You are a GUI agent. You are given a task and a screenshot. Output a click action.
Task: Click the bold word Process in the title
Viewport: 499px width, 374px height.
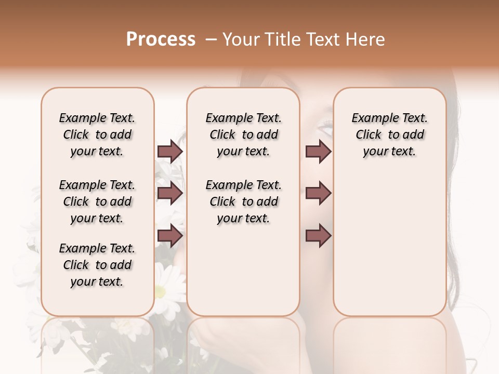click(x=161, y=39)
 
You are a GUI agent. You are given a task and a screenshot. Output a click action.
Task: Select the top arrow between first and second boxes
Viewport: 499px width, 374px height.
click(x=170, y=151)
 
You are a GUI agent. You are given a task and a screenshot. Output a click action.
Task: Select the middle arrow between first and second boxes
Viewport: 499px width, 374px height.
click(x=170, y=193)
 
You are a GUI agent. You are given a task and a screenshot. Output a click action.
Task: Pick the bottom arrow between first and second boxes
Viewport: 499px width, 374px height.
click(x=170, y=235)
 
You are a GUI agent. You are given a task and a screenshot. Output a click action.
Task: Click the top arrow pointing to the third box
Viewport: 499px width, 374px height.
click(x=318, y=151)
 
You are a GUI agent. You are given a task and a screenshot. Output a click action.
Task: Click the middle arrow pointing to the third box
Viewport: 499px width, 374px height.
click(x=318, y=193)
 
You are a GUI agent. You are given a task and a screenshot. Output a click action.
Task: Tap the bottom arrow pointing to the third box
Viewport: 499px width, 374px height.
click(x=318, y=235)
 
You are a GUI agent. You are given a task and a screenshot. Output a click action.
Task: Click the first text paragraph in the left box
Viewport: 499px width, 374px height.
click(x=97, y=135)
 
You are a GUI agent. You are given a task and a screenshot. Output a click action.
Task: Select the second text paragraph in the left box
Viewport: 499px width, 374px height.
click(x=97, y=202)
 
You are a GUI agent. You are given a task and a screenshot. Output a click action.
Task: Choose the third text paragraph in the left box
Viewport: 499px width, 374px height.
click(x=97, y=265)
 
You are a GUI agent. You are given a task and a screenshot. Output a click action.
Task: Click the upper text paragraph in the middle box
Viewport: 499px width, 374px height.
click(x=243, y=135)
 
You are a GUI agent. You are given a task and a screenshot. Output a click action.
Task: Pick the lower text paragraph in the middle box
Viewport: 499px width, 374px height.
click(x=243, y=202)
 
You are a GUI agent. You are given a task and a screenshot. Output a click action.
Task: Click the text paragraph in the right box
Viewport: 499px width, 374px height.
click(x=390, y=135)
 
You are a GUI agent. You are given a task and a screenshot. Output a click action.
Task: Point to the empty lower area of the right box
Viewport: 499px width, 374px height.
click(x=390, y=249)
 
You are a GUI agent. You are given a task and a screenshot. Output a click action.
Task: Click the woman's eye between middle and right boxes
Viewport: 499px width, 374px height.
click(x=323, y=125)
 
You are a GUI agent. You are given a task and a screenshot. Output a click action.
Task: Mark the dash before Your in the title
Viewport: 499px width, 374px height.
click(x=211, y=39)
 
